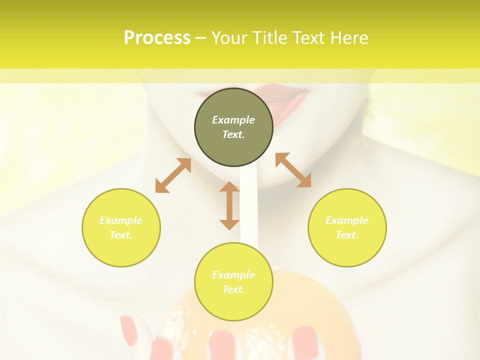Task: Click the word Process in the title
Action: (x=157, y=38)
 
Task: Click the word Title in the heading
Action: (x=270, y=38)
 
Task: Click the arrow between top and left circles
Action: (x=173, y=175)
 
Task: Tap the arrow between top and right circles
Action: (x=293, y=170)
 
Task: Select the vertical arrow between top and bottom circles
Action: (x=229, y=205)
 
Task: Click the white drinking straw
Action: (x=248, y=210)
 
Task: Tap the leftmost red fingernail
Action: (x=129, y=330)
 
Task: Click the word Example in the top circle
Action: (x=233, y=120)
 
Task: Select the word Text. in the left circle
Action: (x=121, y=235)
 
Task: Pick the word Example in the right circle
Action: (x=347, y=220)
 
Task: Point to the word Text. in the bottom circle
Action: (x=233, y=289)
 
